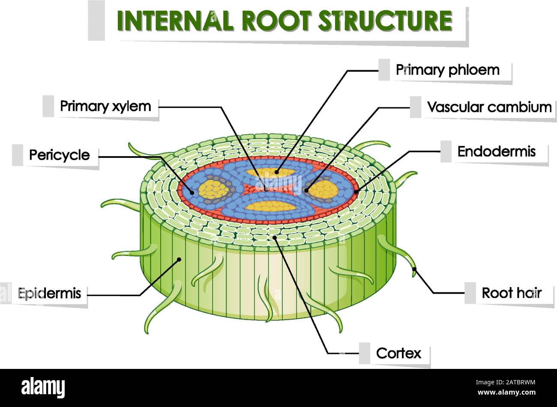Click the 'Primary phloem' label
447,70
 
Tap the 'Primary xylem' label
105,106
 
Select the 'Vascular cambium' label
489,107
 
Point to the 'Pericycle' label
60,155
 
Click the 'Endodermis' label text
496,152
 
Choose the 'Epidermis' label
49,293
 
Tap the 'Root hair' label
512,293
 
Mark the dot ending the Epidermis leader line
180,258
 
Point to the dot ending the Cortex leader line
275,236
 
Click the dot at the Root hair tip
414,269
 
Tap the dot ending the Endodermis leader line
356,192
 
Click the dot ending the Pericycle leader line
192,193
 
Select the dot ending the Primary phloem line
276,172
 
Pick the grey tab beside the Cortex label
365,353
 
